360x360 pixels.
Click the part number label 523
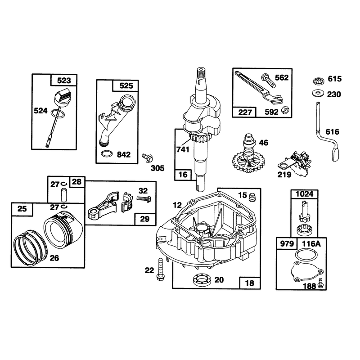click(x=64, y=81)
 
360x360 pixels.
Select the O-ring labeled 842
click(x=107, y=153)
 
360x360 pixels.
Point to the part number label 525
click(x=126, y=86)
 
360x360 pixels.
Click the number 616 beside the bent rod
click(x=332, y=132)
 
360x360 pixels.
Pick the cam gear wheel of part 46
click(x=248, y=162)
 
